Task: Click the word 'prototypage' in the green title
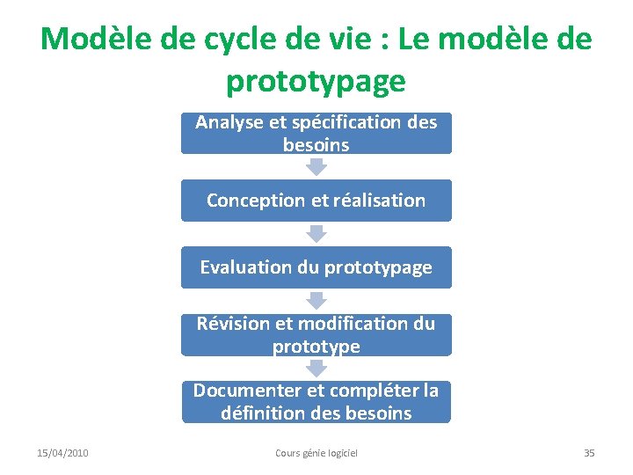pos(316,82)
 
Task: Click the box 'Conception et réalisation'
pos(316,201)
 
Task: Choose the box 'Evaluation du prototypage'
pos(316,267)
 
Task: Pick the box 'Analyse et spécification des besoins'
pos(316,134)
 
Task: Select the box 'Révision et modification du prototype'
pos(316,334)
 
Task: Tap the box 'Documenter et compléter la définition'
pos(316,401)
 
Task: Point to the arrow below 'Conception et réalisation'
pos(316,234)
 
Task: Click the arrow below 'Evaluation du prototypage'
pos(316,301)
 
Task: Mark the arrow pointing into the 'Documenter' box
pos(316,368)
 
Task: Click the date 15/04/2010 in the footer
pos(62,453)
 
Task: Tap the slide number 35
pos(589,453)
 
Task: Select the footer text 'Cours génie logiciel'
pos(316,453)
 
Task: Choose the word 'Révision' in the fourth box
pos(227,323)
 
